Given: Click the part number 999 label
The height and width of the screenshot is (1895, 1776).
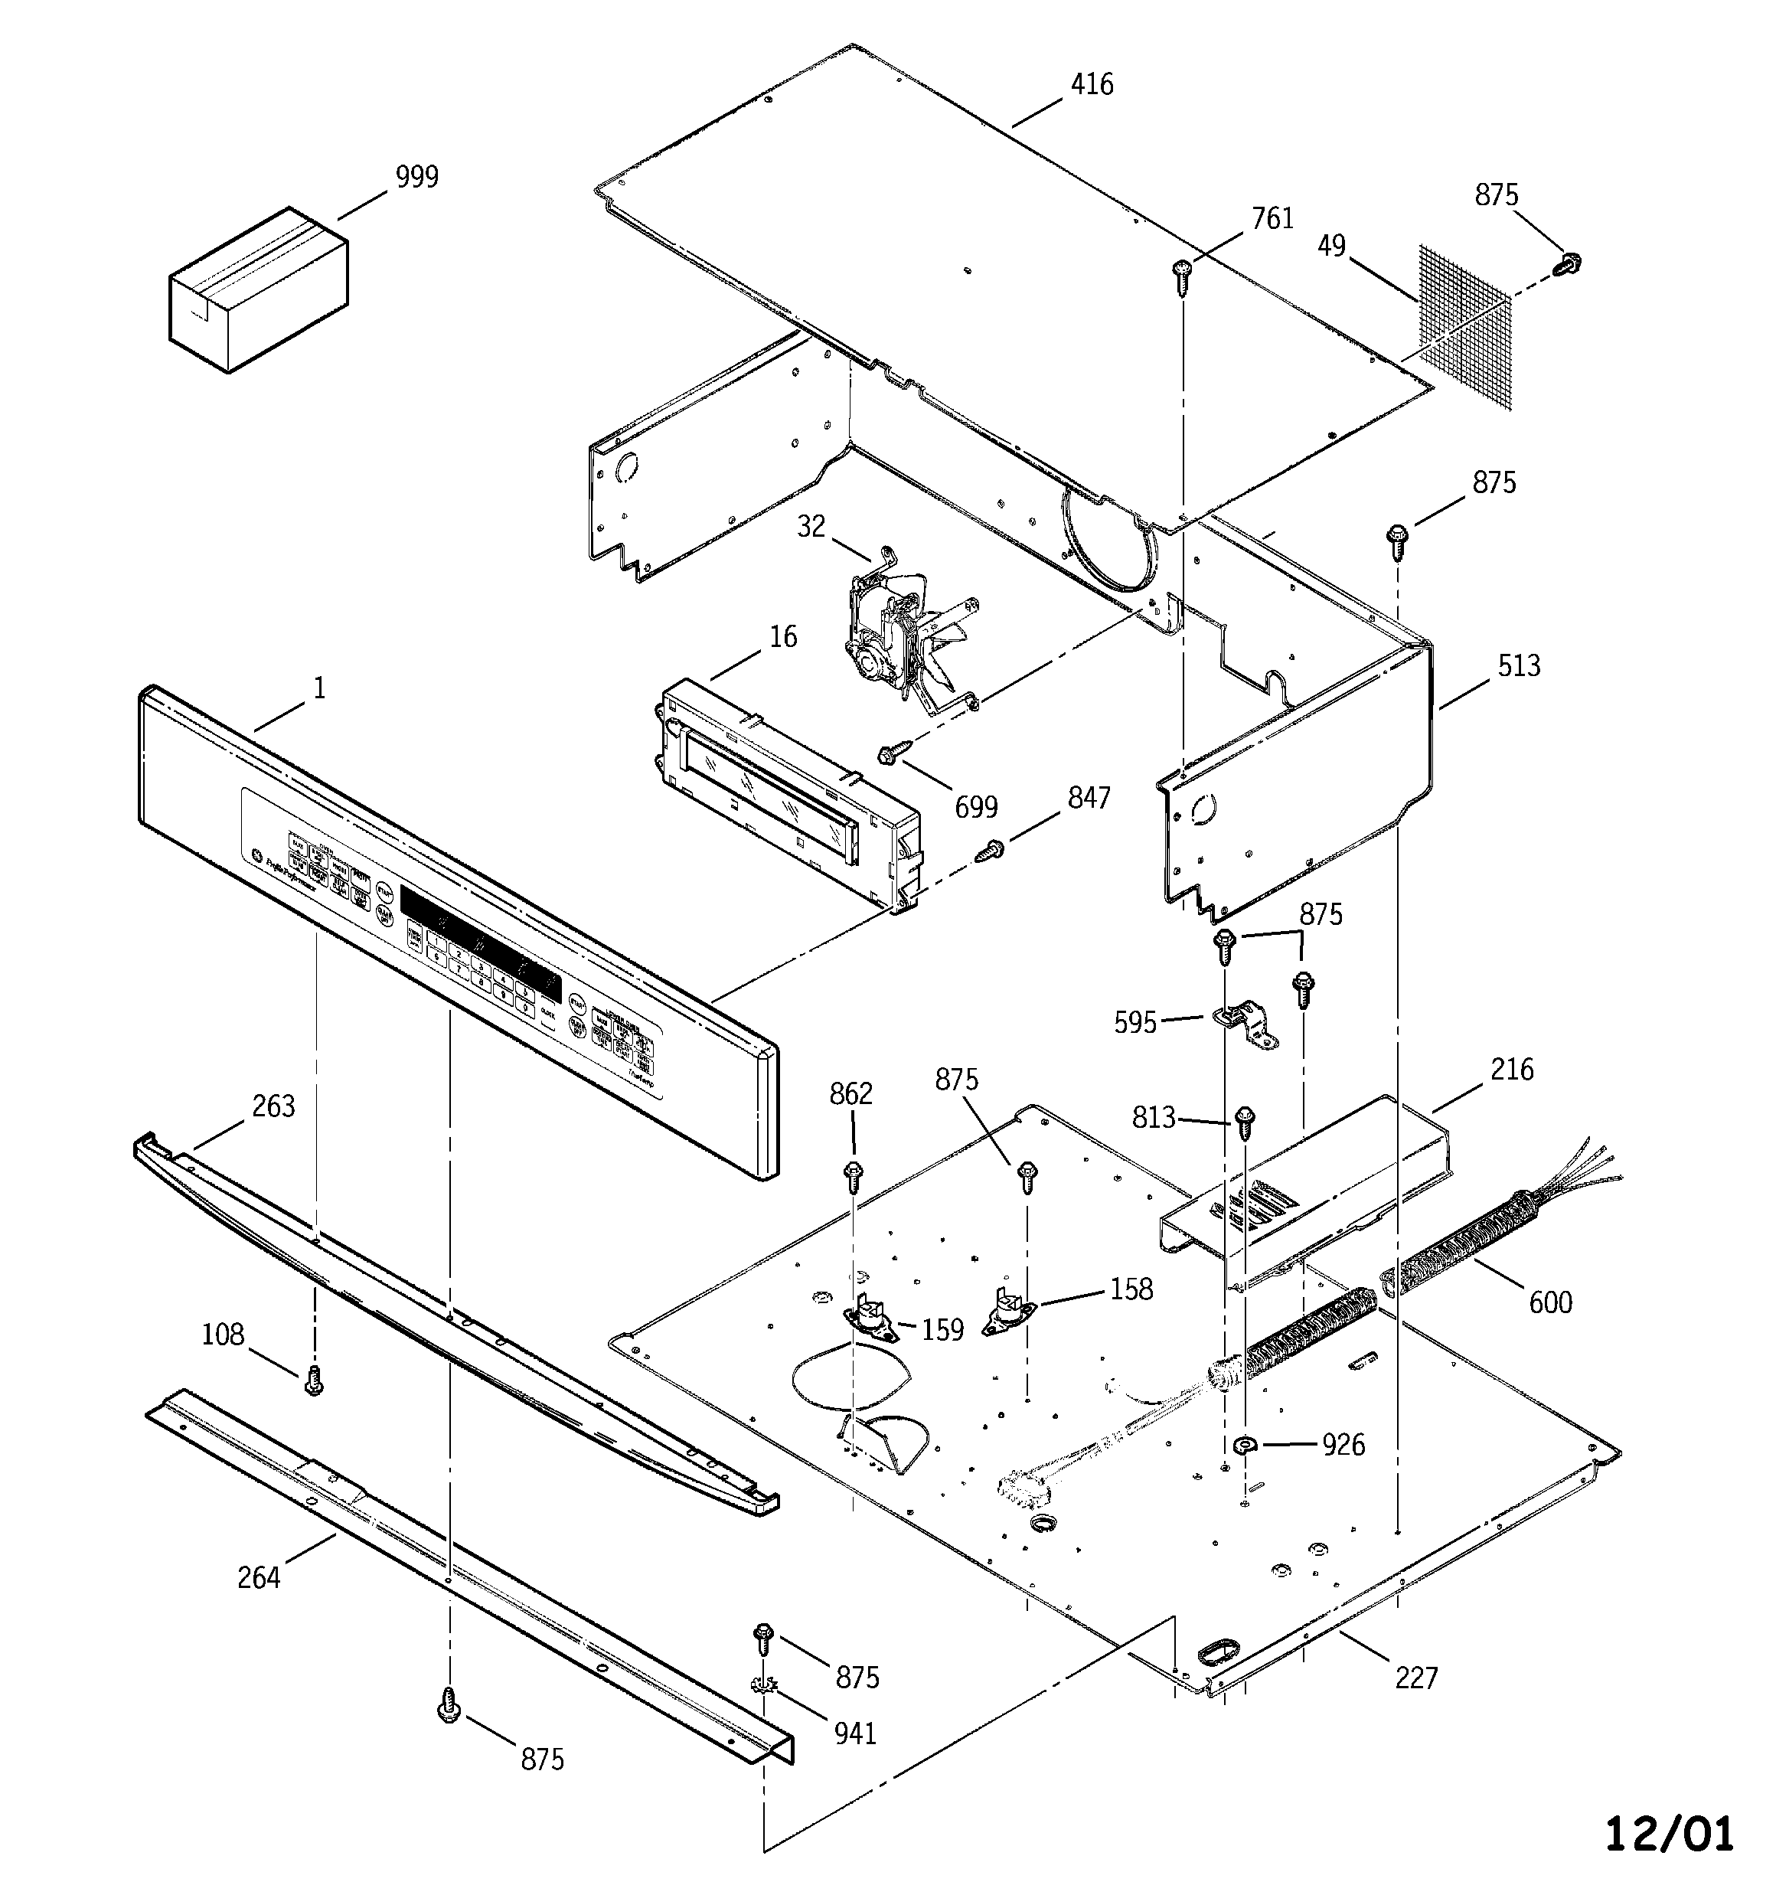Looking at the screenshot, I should pos(416,178).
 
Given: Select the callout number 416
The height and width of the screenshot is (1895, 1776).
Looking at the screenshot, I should pos(1092,85).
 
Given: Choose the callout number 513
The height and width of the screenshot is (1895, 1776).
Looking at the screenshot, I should pos(1518,665).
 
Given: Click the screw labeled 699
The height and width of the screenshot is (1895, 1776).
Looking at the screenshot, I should pos(890,755).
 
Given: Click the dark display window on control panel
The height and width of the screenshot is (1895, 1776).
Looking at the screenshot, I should pos(481,938).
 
